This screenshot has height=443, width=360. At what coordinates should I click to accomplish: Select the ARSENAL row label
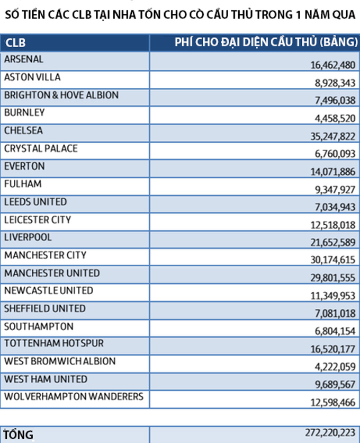click(x=24, y=59)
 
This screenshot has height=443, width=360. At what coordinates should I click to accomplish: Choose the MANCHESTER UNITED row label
click(x=52, y=273)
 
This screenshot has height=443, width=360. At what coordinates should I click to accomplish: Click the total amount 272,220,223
click(x=330, y=432)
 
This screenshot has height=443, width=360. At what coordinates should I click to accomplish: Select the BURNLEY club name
click(x=24, y=113)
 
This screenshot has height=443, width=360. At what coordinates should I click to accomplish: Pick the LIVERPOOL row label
click(x=28, y=237)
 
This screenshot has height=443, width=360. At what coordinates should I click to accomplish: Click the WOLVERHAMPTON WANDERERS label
click(x=74, y=397)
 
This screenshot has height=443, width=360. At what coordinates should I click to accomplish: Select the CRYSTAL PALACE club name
click(x=41, y=148)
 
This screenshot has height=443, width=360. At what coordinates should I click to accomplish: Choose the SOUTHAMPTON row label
click(x=39, y=326)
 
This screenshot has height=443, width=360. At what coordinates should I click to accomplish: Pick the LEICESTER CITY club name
click(x=38, y=220)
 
